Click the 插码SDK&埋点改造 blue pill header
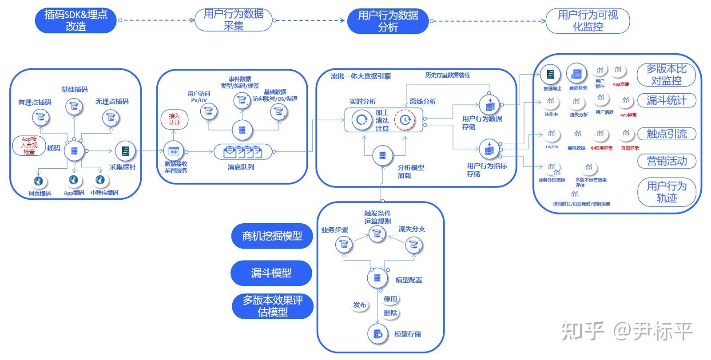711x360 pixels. [x=75, y=20]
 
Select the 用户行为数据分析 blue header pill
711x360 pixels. [x=388, y=21]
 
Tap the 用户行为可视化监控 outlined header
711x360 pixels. [x=587, y=21]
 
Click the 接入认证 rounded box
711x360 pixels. [x=175, y=119]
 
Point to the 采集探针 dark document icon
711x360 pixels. [x=125, y=151]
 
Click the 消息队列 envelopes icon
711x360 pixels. [x=243, y=152]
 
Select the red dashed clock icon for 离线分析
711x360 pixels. [x=405, y=119]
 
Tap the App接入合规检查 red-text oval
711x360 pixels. [x=29, y=145]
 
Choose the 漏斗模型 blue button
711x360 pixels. [x=271, y=273]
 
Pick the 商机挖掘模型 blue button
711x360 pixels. [x=272, y=236]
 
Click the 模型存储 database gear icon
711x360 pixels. [x=377, y=334]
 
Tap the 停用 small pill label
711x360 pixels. [x=390, y=299]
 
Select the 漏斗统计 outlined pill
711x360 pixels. [x=666, y=100]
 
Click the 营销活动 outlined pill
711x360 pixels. [x=666, y=161]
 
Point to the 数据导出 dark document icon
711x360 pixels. [x=551, y=75]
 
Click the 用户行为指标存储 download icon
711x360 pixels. [x=489, y=149]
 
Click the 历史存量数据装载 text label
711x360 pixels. [x=447, y=75]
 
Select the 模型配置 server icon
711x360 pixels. [x=377, y=278]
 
